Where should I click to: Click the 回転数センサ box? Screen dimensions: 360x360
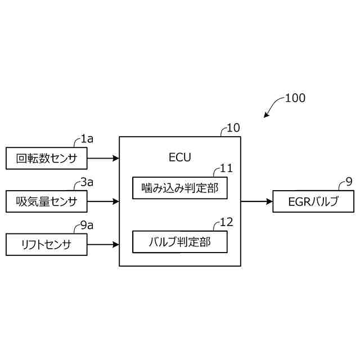pos(46,158)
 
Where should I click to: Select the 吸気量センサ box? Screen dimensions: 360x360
pos(46,201)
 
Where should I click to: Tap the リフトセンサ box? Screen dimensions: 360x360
pos(46,245)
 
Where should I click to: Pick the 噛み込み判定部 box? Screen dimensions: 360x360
pos(179,188)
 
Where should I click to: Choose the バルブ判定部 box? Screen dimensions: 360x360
pos(179,242)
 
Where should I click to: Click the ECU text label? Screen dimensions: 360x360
pos(179,157)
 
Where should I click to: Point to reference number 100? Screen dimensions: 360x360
pos(295,98)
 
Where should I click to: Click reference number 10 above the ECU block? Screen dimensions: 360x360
pos(233,128)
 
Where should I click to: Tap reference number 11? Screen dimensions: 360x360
pos(226,168)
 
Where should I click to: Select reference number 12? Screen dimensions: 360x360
pos(226,222)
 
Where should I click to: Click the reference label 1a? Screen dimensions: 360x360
pos(87,138)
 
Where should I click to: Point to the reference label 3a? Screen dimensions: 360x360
pos(87,182)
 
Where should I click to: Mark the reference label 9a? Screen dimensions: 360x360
pos(87,225)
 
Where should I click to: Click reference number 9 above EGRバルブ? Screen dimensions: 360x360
pos(349,182)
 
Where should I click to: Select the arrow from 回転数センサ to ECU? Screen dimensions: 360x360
pos(103,158)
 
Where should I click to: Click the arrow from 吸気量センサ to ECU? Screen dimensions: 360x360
pos(103,201)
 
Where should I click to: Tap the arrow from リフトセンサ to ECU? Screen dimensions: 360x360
pos(103,245)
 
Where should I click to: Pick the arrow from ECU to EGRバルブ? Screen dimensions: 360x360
pos(256,201)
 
